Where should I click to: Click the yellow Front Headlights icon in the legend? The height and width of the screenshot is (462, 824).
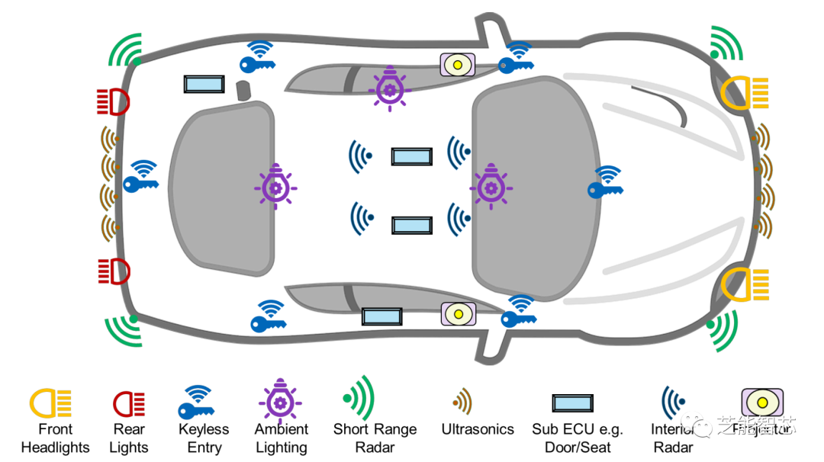point(50,402)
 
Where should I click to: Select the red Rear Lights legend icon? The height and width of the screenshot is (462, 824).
point(128,403)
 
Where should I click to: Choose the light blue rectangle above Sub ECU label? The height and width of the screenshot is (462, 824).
point(572,403)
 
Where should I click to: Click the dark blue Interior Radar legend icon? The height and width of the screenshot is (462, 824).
point(674,400)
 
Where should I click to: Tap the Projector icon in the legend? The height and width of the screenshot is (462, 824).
point(761,403)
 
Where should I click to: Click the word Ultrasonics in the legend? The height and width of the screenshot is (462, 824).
point(478,429)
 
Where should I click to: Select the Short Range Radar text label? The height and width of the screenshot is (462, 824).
point(375,438)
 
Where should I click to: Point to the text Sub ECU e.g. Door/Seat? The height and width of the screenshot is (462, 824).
point(578,438)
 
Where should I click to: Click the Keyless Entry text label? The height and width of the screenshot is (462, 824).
point(204,438)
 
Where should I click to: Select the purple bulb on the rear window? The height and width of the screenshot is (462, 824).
point(275,185)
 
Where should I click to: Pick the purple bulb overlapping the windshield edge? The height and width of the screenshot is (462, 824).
point(490,185)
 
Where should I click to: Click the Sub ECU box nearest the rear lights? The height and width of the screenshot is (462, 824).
point(204,84)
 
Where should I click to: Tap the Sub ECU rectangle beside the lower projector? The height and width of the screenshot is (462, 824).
point(381,316)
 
